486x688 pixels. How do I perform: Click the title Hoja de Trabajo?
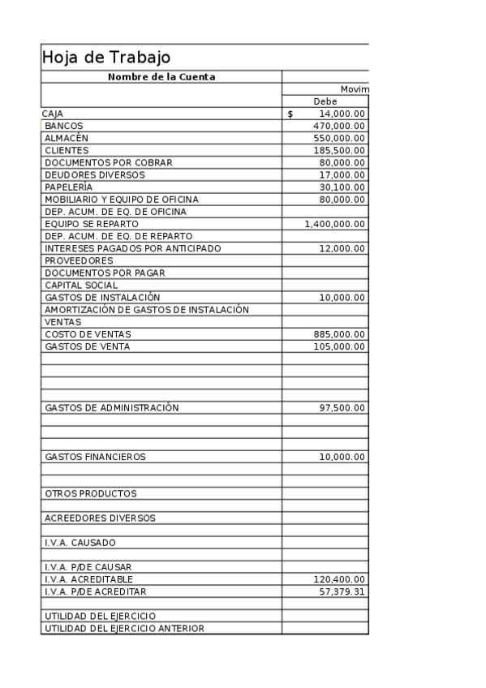click(x=106, y=58)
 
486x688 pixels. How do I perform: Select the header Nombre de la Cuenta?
click(x=161, y=77)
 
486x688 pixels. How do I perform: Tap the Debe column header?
click(x=325, y=101)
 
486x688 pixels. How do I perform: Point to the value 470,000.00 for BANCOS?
click(x=339, y=127)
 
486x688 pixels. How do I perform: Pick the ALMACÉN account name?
click(x=67, y=139)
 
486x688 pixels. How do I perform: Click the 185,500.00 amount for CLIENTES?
click(x=339, y=151)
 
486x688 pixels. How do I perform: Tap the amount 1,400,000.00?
click(x=334, y=224)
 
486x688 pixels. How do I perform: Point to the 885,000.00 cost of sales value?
click(x=339, y=334)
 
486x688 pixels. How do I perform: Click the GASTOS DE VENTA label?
click(x=87, y=346)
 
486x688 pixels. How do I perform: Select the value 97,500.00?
click(x=342, y=407)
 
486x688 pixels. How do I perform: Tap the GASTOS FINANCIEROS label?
click(x=96, y=457)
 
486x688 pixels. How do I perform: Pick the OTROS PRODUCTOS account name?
click(x=91, y=493)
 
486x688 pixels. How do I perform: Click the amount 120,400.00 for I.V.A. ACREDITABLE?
click(x=339, y=579)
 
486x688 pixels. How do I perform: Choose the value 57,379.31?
click(x=342, y=591)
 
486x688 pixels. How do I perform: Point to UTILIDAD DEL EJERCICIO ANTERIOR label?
click(x=125, y=628)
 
